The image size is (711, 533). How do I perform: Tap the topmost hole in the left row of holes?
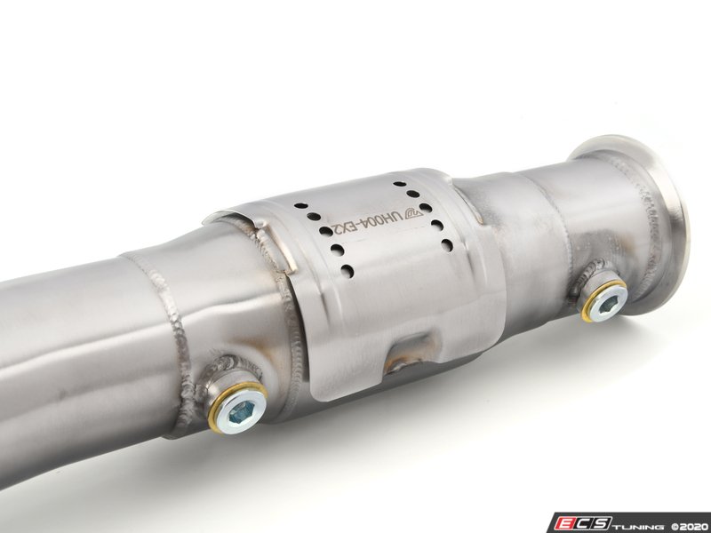(x=300, y=205)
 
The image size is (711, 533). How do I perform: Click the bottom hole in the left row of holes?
(x=348, y=271)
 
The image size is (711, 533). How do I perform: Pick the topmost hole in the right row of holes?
(x=399, y=184)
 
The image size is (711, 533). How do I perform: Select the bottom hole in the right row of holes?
(x=447, y=245)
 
